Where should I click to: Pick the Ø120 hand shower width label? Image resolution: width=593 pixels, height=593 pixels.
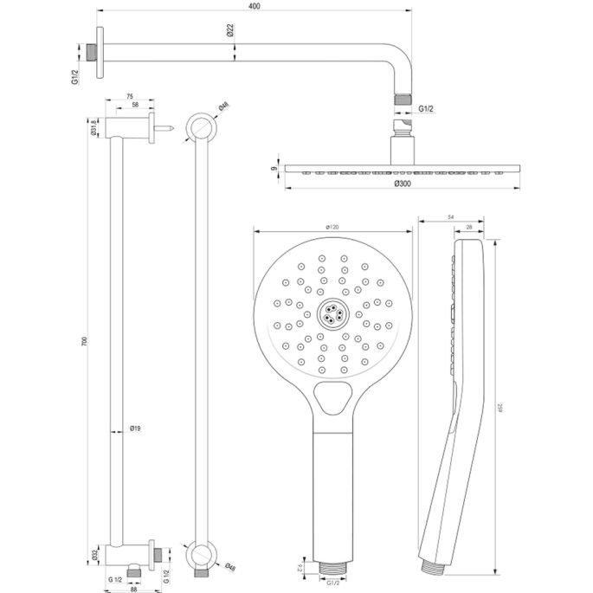click(332, 227)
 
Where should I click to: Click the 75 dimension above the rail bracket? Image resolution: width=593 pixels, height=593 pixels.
click(130, 96)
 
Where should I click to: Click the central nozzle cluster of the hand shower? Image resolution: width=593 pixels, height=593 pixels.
click(332, 313)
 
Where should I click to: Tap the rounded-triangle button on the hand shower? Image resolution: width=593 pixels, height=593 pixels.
click(332, 399)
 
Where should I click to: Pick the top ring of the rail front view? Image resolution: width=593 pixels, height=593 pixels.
click(201, 126)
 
